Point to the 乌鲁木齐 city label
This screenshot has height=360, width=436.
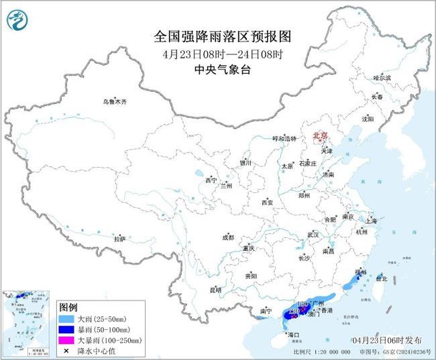(x=114, y=101)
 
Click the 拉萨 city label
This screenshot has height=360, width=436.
(x=120, y=238)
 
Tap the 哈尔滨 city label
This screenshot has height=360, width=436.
(x=382, y=78)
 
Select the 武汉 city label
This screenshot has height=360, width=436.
(x=313, y=235)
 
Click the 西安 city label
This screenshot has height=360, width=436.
(x=268, y=202)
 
